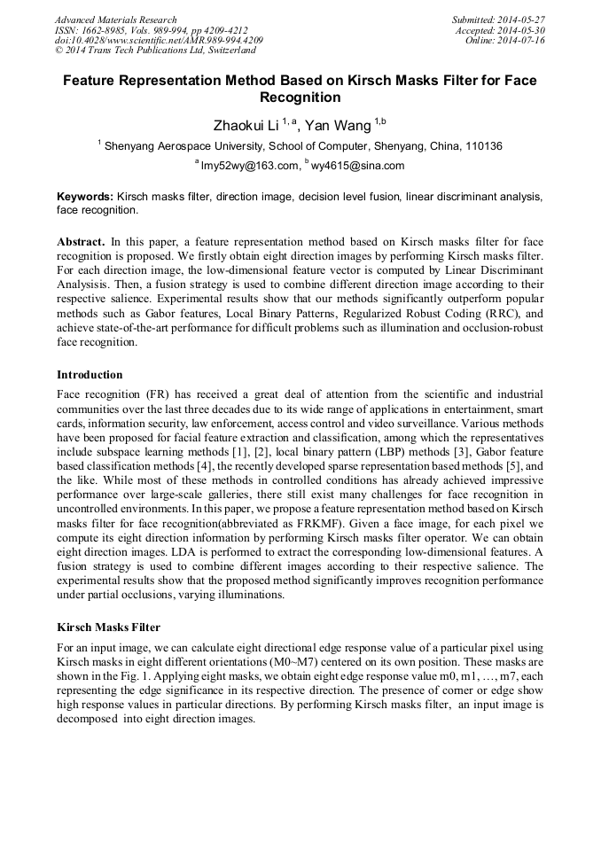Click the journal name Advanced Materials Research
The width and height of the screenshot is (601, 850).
point(115,19)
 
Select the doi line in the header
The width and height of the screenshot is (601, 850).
point(159,41)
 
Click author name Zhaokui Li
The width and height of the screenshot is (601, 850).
point(240,125)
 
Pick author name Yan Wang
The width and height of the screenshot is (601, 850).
point(338,125)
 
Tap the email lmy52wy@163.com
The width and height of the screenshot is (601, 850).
point(248,165)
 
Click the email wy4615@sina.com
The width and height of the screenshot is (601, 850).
point(357,165)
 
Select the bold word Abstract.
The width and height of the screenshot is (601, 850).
point(81,241)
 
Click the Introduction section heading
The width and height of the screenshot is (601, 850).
point(90,375)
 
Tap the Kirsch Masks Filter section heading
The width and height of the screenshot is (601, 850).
point(108,628)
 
